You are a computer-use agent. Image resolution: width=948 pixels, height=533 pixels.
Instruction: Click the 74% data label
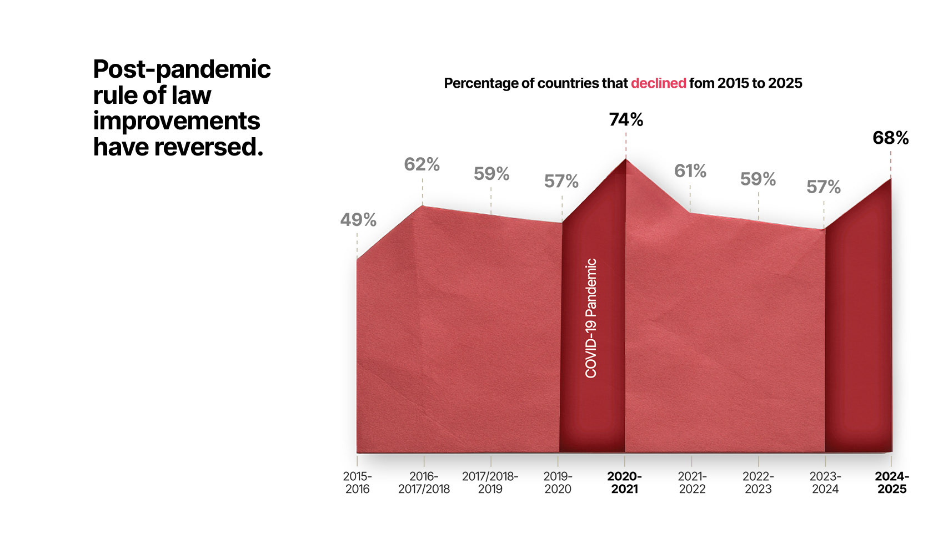pyautogui.click(x=626, y=120)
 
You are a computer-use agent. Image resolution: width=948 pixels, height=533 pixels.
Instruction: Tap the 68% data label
pyautogui.click(x=890, y=138)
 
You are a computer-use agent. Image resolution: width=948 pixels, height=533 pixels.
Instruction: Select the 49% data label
pyautogui.click(x=358, y=220)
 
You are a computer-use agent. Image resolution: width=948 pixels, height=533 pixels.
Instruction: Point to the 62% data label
pyautogui.click(x=422, y=165)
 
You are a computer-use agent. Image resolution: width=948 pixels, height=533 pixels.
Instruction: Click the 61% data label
pyautogui.click(x=690, y=171)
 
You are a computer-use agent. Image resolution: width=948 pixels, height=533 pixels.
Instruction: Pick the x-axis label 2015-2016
pyautogui.click(x=357, y=482)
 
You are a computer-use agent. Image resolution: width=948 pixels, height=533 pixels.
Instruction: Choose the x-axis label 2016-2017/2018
pyautogui.click(x=424, y=482)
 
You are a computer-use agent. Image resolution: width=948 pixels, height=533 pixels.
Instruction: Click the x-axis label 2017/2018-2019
pyautogui.click(x=490, y=482)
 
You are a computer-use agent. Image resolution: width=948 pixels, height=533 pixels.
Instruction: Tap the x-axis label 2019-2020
pyautogui.click(x=558, y=482)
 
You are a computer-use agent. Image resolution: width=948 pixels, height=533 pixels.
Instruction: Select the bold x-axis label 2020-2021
pyautogui.click(x=624, y=482)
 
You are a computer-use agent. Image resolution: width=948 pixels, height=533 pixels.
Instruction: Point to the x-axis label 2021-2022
pyautogui.click(x=692, y=482)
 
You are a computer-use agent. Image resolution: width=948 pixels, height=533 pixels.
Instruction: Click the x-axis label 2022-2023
pyautogui.click(x=758, y=482)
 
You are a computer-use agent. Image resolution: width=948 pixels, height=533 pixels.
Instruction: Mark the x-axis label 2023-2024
pyautogui.click(x=825, y=482)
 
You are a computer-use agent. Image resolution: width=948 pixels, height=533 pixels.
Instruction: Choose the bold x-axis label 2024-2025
pyautogui.click(x=892, y=482)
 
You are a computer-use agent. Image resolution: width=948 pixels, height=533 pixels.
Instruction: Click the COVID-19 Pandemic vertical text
pyautogui.click(x=591, y=318)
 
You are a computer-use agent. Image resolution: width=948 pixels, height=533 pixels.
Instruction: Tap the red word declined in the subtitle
pyautogui.click(x=658, y=83)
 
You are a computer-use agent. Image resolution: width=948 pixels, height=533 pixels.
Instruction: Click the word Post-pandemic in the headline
pyautogui.click(x=182, y=70)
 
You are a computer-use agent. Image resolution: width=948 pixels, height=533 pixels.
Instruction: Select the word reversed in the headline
pyautogui.click(x=208, y=147)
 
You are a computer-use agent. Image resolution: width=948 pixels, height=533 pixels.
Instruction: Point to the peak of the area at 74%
pyautogui.click(x=626, y=160)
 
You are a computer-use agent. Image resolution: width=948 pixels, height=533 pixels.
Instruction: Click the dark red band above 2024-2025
pyautogui.click(x=858, y=333)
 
